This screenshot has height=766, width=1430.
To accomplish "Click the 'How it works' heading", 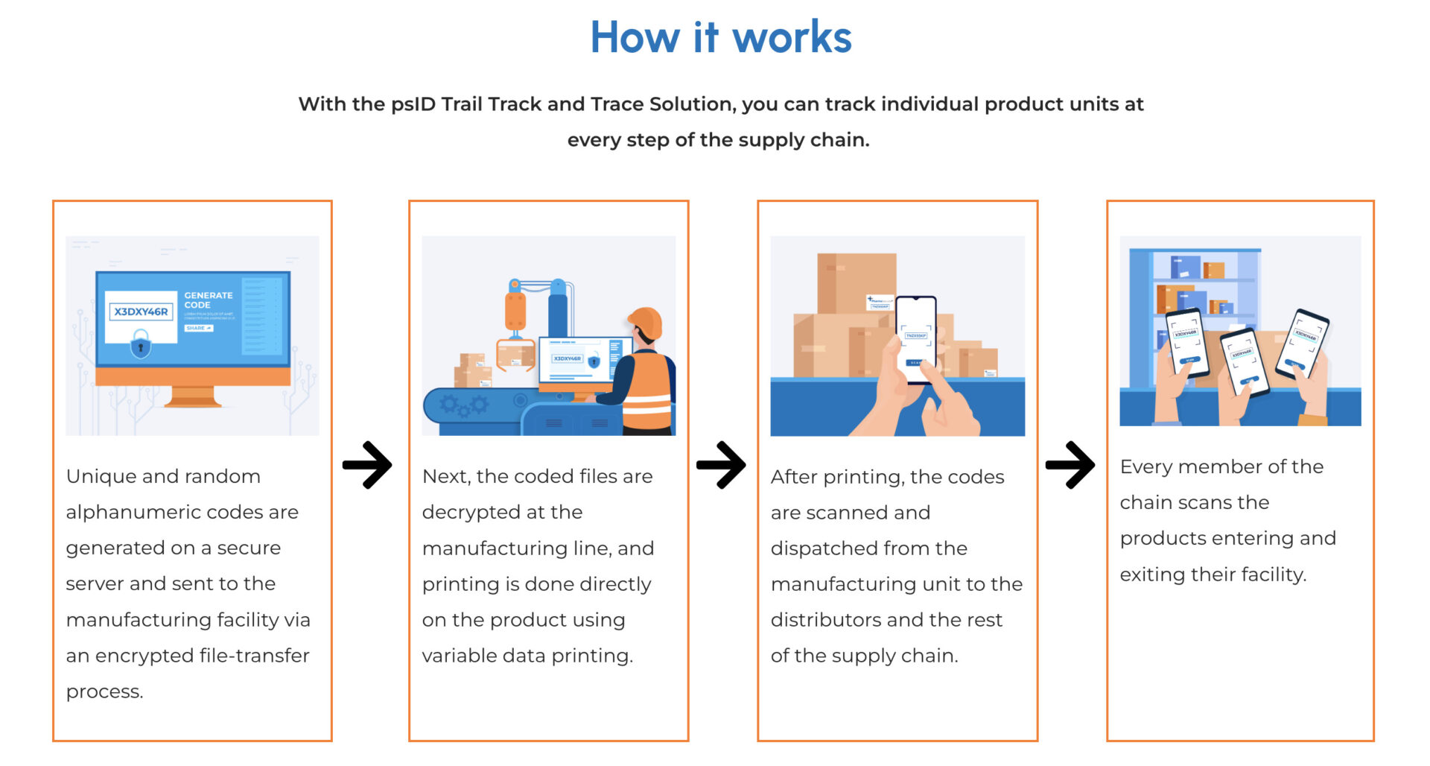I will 720,37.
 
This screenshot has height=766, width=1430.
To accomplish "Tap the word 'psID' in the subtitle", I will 413,104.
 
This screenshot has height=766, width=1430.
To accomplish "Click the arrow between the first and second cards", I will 367,465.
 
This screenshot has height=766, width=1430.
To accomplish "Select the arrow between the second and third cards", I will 721,465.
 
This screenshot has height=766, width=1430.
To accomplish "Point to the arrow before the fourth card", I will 1070,465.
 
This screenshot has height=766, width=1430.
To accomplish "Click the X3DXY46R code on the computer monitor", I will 141,311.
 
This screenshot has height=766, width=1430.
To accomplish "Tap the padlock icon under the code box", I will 141,346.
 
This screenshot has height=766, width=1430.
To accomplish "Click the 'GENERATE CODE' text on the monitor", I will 208,300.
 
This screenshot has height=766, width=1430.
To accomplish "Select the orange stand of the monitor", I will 192,396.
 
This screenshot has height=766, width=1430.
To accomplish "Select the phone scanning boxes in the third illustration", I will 915,339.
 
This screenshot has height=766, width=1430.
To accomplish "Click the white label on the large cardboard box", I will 880,303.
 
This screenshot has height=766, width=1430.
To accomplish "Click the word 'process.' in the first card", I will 104,692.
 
